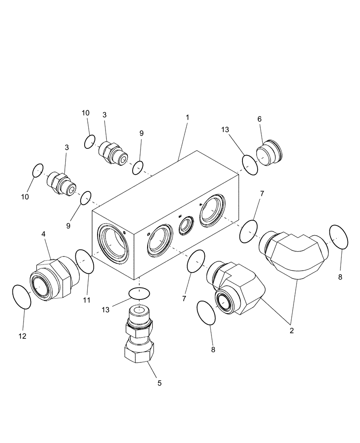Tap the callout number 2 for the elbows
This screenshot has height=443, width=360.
(292, 330)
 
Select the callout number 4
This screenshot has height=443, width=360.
(43, 233)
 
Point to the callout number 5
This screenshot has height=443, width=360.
(160, 383)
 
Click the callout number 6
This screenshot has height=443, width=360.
(260, 119)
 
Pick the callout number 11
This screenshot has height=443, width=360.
(86, 300)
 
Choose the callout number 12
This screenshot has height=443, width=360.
(23, 336)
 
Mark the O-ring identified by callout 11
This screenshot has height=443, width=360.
(85, 262)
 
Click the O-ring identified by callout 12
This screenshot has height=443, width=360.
(21, 296)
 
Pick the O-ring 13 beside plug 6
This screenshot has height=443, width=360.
(250, 164)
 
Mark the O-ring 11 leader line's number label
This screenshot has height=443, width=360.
(86, 300)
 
